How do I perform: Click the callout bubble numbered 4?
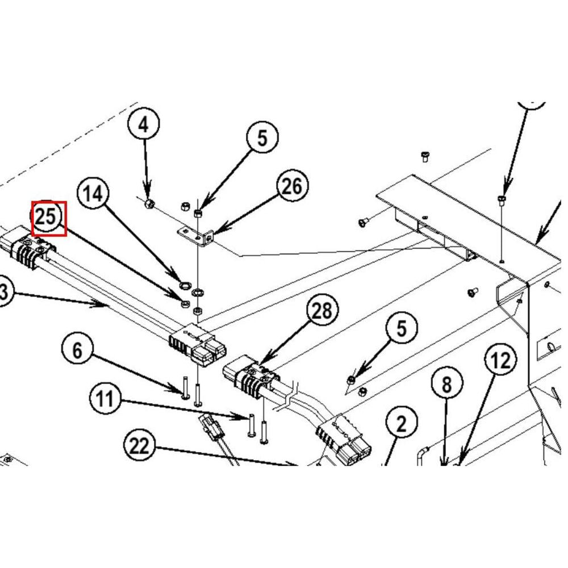point(143,124)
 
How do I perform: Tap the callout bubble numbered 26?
point(292,186)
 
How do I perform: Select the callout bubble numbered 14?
point(93,194)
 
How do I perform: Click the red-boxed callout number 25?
point(48,217)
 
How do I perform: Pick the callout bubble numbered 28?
point(322,311)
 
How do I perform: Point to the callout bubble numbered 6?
point(78,350)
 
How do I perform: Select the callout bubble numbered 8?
point(446,385)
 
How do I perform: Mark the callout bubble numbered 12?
point(500,360)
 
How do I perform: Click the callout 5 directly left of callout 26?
point(262,138)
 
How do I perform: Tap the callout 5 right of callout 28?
point(402,329)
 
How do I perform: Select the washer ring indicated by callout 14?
point(184,282)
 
